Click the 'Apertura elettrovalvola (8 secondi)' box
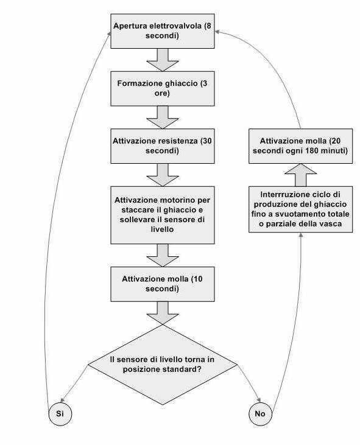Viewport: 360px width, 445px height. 163,31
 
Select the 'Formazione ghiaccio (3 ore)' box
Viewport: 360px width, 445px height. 163,88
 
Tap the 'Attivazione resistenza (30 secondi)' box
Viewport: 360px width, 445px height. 163,146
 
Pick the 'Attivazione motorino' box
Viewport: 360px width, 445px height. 163,215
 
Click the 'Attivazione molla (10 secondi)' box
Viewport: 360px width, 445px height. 163,284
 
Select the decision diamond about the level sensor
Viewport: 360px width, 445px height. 163,365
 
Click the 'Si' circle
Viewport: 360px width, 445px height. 60,413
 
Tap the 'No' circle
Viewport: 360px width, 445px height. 260,413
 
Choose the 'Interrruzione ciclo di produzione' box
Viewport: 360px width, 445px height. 301,209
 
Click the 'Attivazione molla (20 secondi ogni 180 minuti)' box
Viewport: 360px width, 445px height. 301,146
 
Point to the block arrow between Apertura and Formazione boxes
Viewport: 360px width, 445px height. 163,60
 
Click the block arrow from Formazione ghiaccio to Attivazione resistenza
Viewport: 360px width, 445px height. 163,117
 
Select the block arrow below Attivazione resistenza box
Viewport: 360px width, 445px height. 163,175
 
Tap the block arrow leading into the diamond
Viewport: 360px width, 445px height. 163,313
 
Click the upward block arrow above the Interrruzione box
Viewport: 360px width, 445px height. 301,175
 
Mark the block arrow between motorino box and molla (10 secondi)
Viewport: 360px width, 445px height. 163,255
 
